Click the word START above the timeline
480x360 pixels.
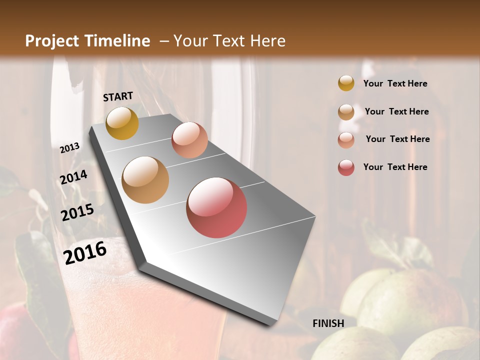(118, 96)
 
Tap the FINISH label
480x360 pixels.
(328, 323)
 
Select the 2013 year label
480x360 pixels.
(69, 148)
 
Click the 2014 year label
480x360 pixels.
(73, 177)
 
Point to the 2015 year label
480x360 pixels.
(77, 212)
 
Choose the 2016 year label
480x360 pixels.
(85, 252)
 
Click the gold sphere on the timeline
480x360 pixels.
(122, 123)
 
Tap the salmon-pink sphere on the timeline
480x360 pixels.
(189, 140)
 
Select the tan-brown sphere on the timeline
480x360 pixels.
(145, 180)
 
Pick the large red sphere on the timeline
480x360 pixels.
(216, 207)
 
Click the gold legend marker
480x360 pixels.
(346, 83)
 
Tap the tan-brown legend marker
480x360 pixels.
(346, 111)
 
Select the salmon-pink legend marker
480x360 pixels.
(346, 139)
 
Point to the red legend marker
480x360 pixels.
(346, 167)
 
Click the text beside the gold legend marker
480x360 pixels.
(395, 83)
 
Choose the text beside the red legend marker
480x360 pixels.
(395, 167)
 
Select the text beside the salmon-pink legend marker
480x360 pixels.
(397, 139)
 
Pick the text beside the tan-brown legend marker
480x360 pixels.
(396, 111)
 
